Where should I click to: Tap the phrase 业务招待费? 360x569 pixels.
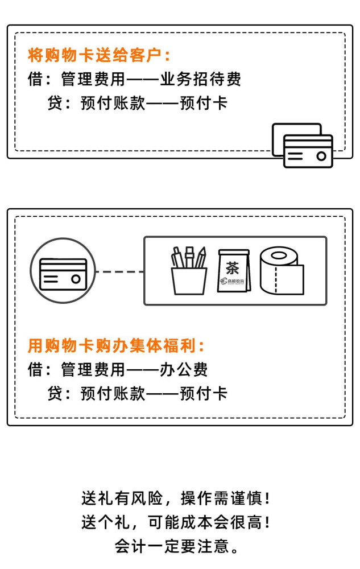pos(201,79)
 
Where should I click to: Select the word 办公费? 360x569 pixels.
pos(184,369)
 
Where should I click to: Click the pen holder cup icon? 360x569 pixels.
pos(189,270)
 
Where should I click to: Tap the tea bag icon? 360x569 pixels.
pos(234,271)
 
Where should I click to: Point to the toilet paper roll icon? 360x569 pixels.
pos(282,271)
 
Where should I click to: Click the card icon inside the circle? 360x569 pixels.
pos(63,274)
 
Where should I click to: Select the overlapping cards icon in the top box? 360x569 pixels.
pos(303,145)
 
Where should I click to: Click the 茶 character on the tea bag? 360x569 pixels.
pos(233,268)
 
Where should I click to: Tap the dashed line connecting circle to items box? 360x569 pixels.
pos(119,271)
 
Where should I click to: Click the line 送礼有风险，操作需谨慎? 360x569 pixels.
pos(176,498)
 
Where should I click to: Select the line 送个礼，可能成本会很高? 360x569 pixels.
pos(176,522)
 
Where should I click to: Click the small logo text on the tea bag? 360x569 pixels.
pos(233,281)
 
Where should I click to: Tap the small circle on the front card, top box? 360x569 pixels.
pos(321,156)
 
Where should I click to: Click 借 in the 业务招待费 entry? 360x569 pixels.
pos(35,79)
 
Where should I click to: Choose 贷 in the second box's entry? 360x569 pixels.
pos(55,393)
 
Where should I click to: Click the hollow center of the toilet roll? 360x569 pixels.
pos(279,255)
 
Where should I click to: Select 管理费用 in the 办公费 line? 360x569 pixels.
pos(93,369)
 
